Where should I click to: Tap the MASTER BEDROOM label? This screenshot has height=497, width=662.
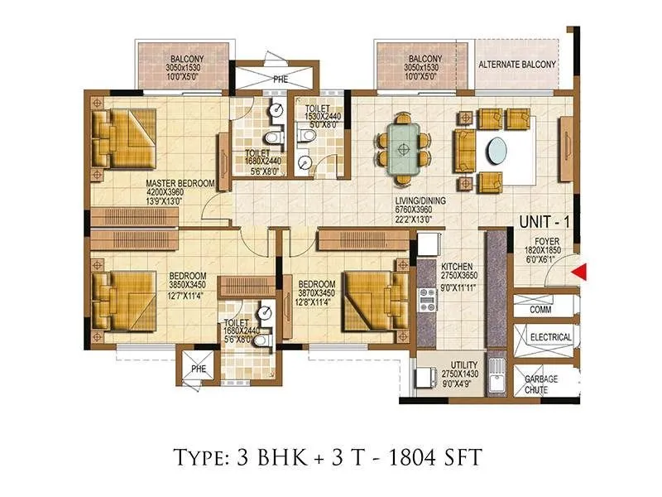pyautogui.click(x=180, y=183)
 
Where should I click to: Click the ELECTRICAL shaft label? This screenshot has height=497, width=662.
pyautogui.click(x=550, y=337)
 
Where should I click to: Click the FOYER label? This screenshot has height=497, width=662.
pyautogui.click(x=547, y=241)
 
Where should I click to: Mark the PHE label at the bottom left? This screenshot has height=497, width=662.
pyautogui.click(x=199, y=369)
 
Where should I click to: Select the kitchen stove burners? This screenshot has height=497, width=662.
pyautogui.click(x=428, y=299)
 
